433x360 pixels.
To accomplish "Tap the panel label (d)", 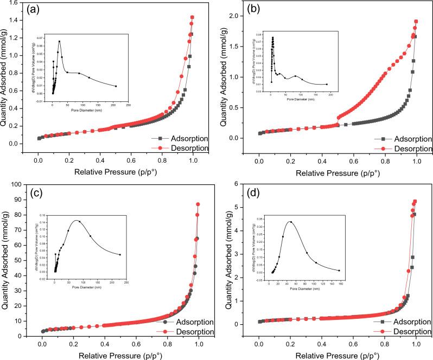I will pos(258,192).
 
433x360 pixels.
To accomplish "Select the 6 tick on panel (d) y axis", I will pos(244,184).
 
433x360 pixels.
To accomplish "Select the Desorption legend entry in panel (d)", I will pos(404,331).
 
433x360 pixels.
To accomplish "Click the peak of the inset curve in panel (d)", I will pos(291,222).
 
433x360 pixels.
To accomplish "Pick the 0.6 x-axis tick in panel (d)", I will pos(353,343).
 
